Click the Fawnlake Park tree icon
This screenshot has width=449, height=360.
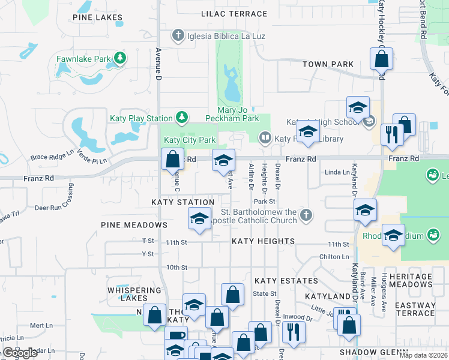tap(121, 58)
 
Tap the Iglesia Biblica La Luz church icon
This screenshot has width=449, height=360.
tap(178, 36)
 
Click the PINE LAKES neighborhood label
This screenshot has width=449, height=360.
tap(97, 17)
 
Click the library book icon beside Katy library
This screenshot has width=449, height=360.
tap(265, 139)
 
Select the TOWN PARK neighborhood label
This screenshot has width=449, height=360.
tap(328, 64)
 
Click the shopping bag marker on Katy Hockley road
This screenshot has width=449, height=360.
tap(381, 59)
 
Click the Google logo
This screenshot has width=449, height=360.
tap(20, 353)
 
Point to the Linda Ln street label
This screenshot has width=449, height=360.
tap(337, 172)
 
